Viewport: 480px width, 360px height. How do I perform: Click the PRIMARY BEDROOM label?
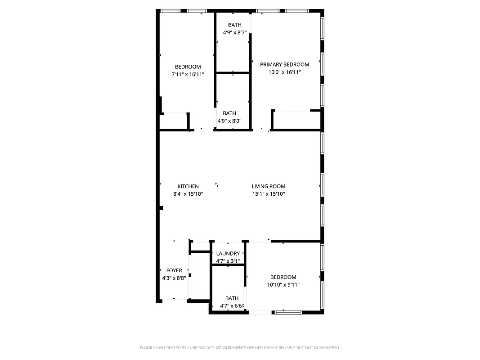tap(284, 64)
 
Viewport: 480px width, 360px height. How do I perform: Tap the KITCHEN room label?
tap(188, 186)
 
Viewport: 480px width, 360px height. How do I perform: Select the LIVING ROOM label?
tap(269, 186)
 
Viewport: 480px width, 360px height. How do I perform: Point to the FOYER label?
tap(174, 270)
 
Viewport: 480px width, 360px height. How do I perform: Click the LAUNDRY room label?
tap(228, 253)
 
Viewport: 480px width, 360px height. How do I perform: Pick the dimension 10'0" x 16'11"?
tap(284, 72)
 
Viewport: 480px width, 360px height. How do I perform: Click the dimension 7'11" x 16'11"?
tap(188, 74)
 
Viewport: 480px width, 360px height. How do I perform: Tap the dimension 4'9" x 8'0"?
tap(229, 121)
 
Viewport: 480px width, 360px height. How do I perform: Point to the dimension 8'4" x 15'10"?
tap(188, 194)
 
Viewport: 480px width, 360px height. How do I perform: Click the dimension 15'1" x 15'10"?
tap(269, 194)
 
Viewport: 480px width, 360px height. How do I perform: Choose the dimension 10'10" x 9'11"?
tap(283, 284)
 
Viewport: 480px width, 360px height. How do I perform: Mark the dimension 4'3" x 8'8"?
tap(174, 278)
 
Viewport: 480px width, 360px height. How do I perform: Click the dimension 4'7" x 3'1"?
tap(228, 261)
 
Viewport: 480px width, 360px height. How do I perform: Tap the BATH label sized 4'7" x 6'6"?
tap(232, 298)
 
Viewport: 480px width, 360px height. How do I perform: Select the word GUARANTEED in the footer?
tap(326, 348)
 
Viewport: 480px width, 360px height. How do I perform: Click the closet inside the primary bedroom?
tap(297, 120)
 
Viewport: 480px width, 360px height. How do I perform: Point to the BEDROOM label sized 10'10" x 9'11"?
tap(283, 277)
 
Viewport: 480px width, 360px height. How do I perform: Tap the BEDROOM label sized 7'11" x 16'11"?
tap(188, 67)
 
